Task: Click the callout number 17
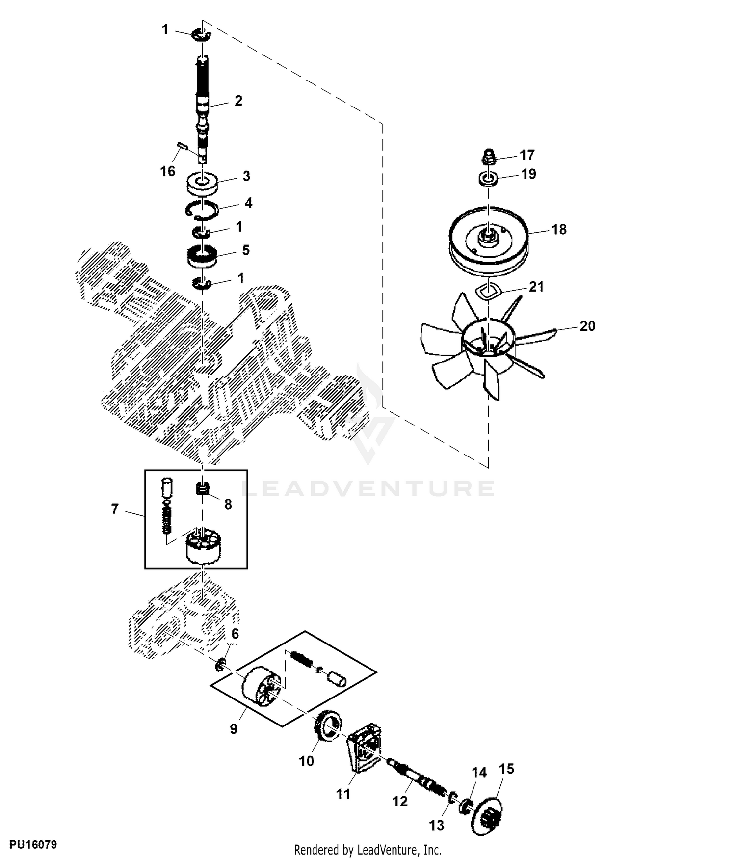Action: point(527,155)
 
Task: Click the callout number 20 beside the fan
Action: point(587,326)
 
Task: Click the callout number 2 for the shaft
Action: point(238,101)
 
